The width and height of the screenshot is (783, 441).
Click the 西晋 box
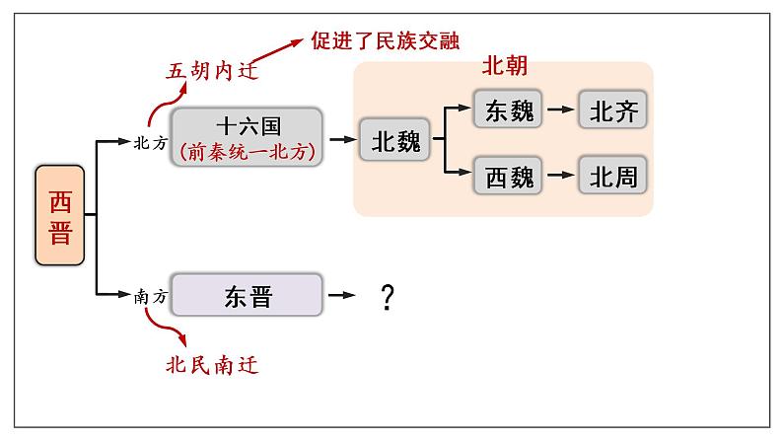pos(60,216)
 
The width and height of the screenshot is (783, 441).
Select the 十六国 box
pos(247,137)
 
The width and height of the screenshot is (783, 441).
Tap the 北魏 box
pos(395,141)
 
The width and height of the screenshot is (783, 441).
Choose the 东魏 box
pos(509,110)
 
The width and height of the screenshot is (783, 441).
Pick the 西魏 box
pos(509,177)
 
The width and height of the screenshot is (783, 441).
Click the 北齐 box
pos(613,110)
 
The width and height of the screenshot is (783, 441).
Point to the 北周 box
pos(613,177)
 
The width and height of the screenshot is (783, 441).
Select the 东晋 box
pos(247,295)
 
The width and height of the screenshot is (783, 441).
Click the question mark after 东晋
pos(388,296)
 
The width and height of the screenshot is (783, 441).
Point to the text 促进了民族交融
pos(385,39)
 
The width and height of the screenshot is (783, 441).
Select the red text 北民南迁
pos(211,365)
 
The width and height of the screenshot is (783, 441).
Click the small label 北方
pos(150,141)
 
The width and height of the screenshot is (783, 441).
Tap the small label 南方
pos(150,295)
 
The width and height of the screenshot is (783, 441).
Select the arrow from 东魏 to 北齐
pos(559,110)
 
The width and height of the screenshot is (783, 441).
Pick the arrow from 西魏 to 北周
pos(559,177)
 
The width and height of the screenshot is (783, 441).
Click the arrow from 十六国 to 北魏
pos(341,140)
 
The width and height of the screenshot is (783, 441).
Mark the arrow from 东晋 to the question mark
pos(341,295)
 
